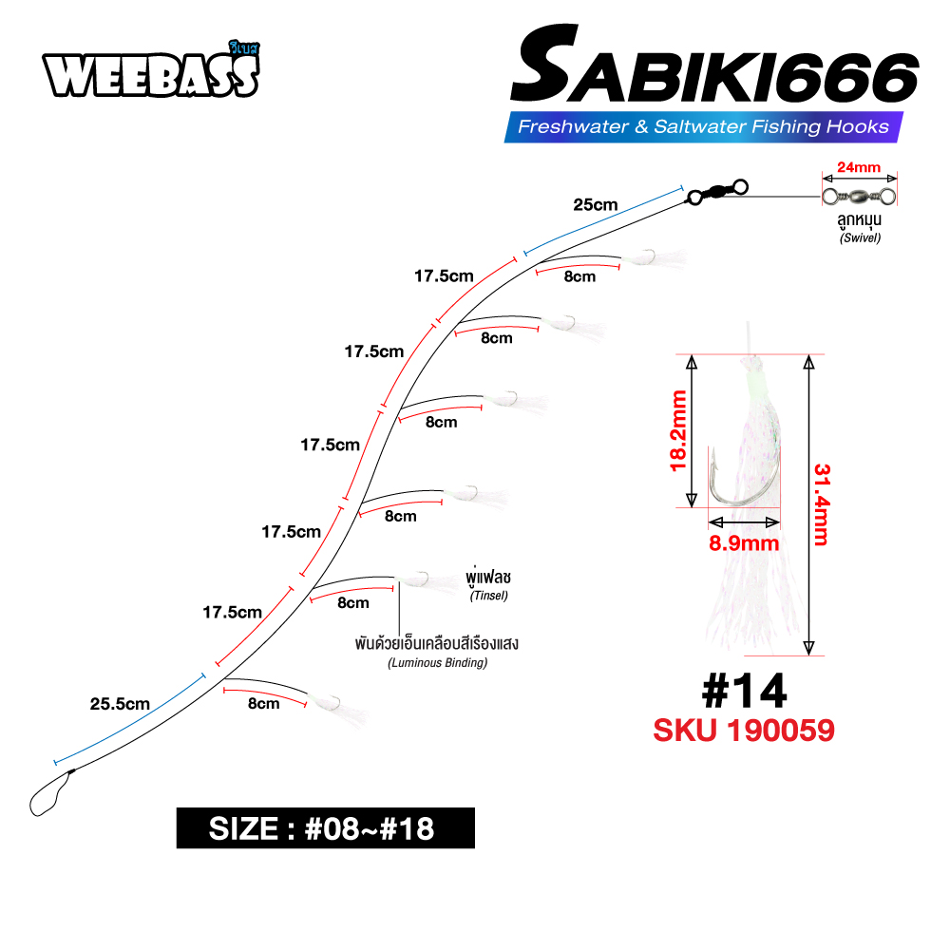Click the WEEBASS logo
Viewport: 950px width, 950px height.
pos(151,70)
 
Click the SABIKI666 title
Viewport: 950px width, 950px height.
pos(715,65)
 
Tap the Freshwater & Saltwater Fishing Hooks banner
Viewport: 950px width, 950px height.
pos(703,126)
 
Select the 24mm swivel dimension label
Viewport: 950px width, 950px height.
pos(859,167)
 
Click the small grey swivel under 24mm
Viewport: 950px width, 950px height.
pos(859,197)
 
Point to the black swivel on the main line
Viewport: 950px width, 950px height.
pos(717,191)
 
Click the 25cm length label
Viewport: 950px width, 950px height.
pos(595,205)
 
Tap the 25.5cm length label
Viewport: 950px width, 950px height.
pos(120,704)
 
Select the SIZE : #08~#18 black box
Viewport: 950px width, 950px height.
pos(325,828)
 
